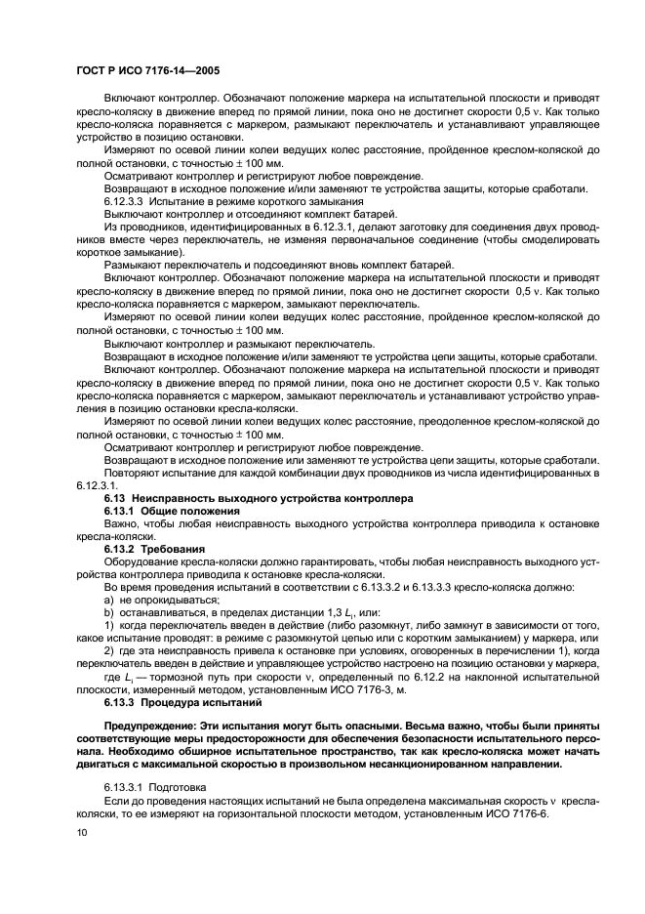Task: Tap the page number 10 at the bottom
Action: click(81, 832)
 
